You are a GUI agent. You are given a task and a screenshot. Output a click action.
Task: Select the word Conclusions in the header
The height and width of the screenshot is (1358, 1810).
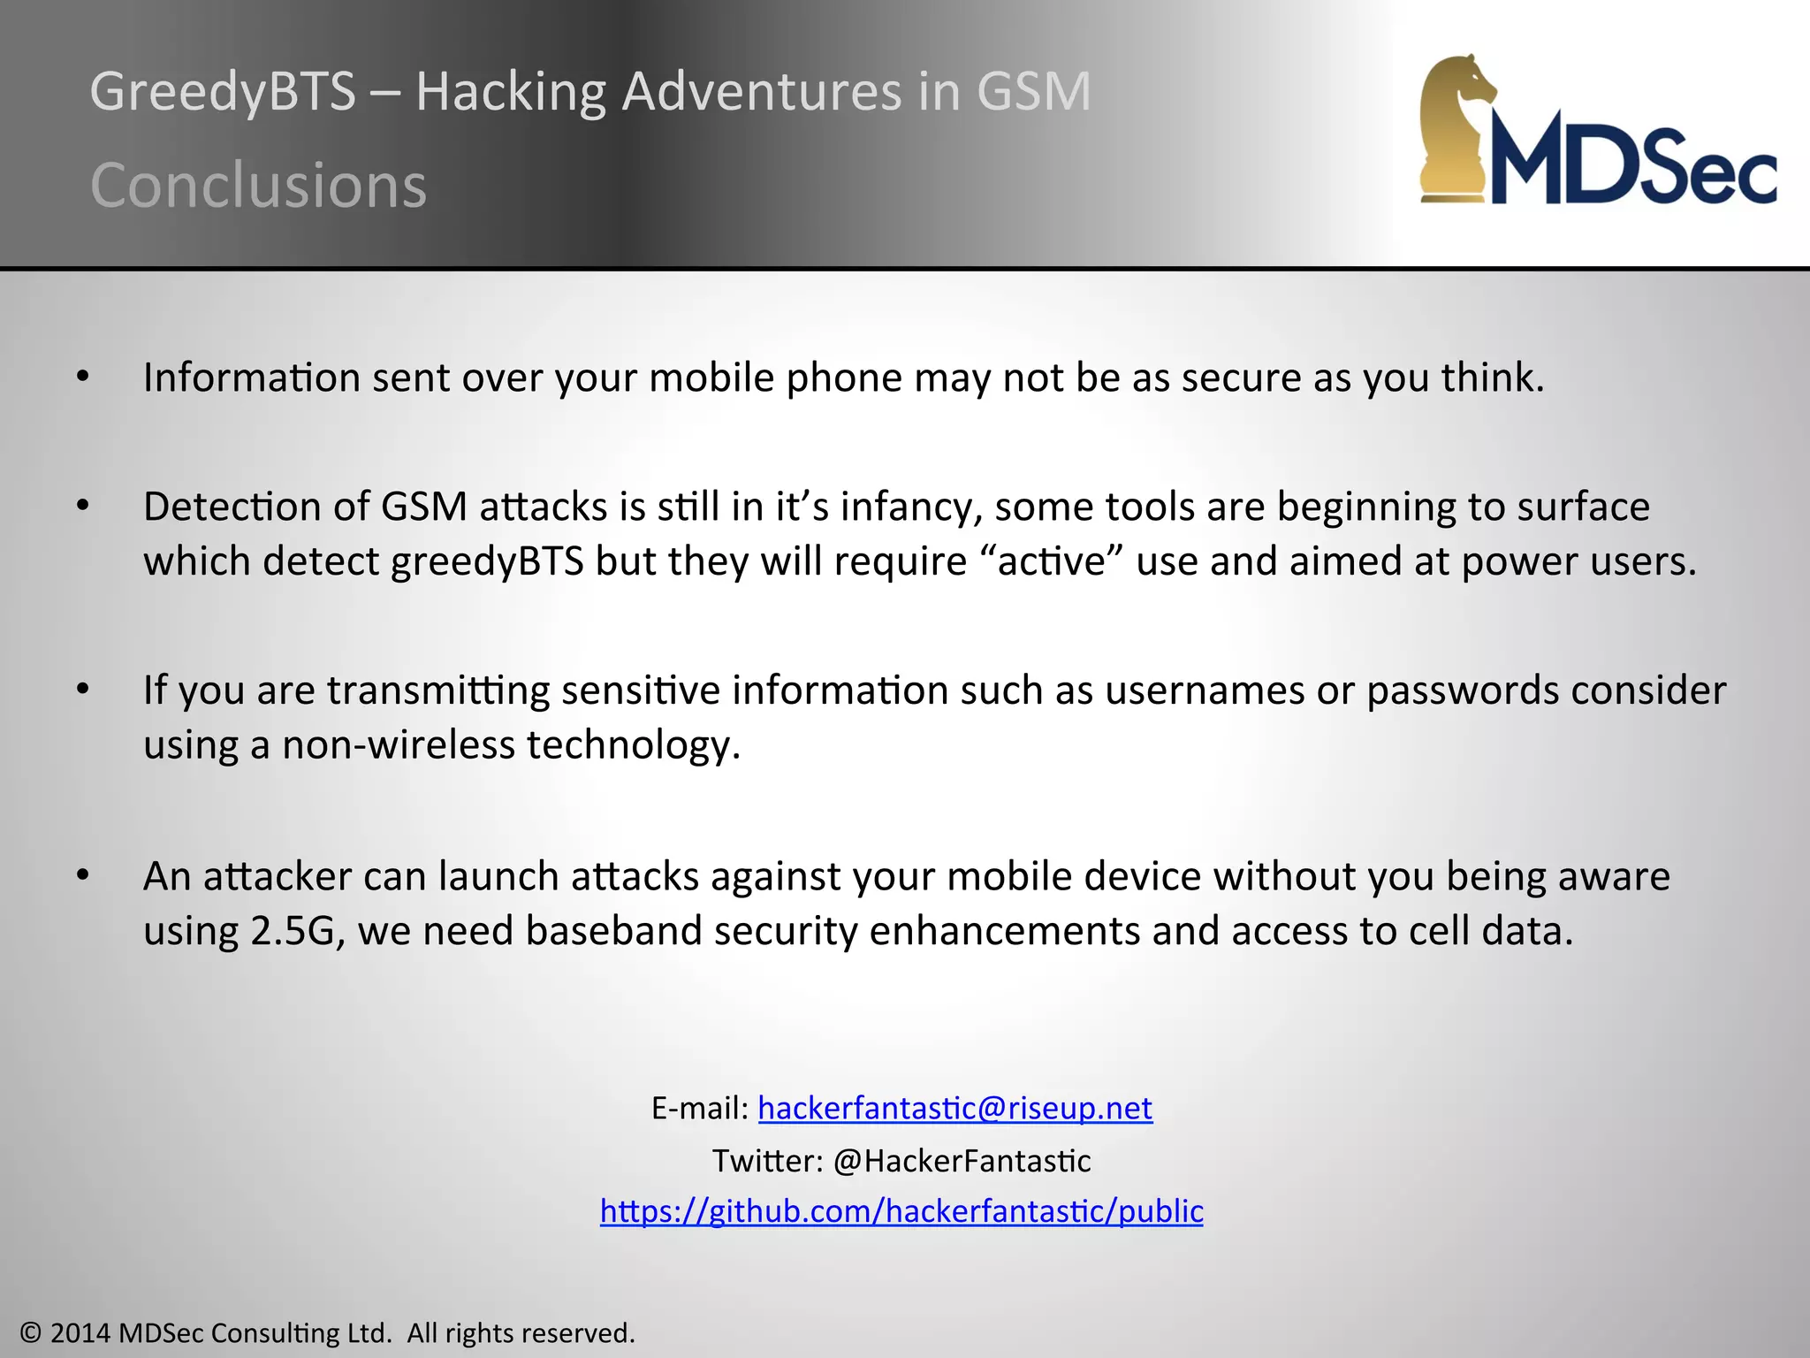[x=258, y=186]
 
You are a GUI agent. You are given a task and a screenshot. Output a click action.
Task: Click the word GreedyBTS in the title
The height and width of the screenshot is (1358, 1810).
[x=222, y=92]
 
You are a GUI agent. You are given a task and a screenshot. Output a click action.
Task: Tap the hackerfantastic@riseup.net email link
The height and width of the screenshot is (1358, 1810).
[x=954, y=1108]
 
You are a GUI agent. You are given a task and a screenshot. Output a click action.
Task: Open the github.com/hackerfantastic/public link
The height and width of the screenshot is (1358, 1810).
[x=901, y=1210]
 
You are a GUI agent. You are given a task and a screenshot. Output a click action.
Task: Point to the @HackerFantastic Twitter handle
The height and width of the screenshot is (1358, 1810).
[x=962, y=1160]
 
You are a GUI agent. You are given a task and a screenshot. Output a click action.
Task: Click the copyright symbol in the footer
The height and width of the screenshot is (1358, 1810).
[x=31, y=1332]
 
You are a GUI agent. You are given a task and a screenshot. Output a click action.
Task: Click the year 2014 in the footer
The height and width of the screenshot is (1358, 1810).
[x=80, y=1332]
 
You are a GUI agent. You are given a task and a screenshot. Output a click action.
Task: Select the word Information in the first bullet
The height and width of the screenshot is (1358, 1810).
[x=252, y=378]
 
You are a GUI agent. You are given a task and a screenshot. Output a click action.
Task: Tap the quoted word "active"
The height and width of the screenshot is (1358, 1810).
[x=1052, y=561]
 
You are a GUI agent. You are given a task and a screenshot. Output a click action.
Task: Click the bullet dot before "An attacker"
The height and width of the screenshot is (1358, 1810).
[x=83, y=875]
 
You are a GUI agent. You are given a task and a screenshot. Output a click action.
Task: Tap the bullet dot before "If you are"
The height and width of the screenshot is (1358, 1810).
[x=83, y=689]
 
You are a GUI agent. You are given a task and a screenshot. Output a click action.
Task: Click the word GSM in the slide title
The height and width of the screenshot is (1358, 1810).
[x=1033, y=92]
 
